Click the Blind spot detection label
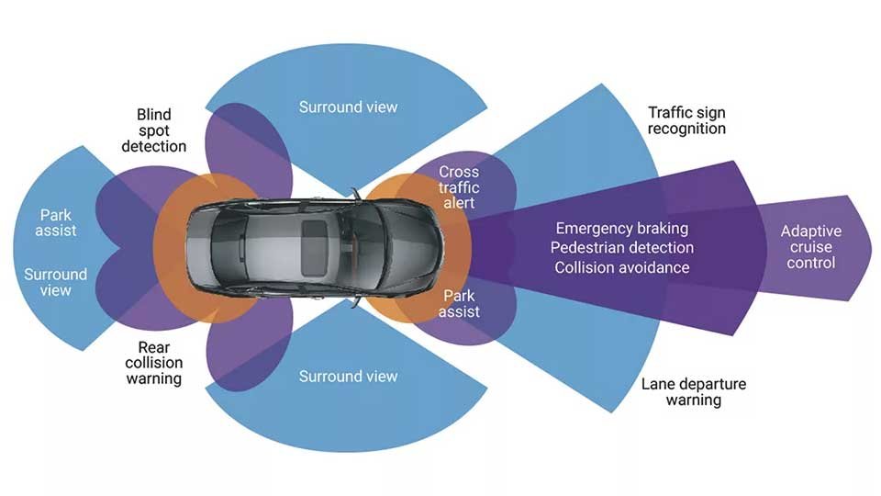(x=153, y=130)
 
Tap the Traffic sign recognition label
(x=686, y=120)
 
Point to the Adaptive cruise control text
(x=810, y=247)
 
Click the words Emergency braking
(x=621, y=228)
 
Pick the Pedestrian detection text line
(x=621, y=248)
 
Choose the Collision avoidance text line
(x=621, y=267)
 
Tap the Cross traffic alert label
(x=459, y=186)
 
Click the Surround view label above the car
(x=349, y=107)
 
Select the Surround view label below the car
(x=349, y=377)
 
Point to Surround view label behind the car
(x=56, y=282)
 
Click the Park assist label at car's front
(x=460, y=304)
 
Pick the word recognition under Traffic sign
(x=686, y=129)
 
